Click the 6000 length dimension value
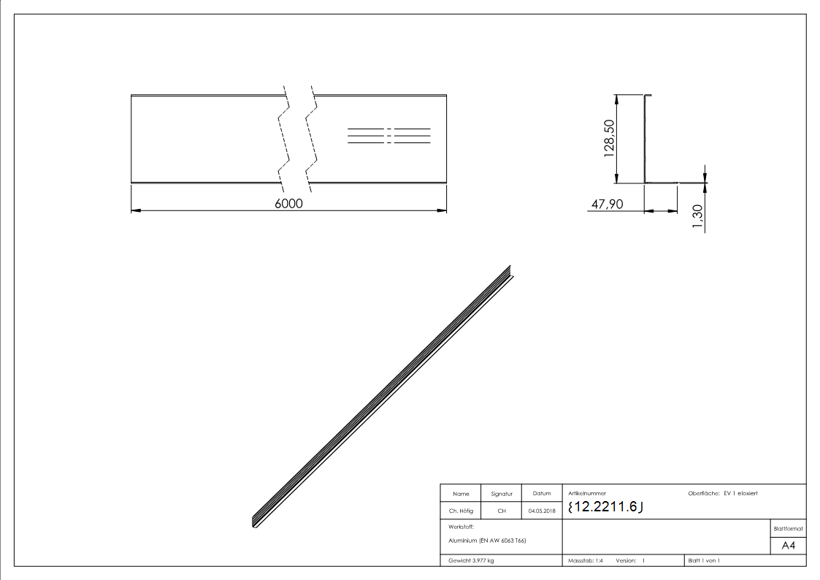[288, 204]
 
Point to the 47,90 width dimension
[607, 205]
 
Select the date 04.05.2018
[542, 511]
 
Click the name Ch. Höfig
[461, 511]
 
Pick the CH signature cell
[502, 511]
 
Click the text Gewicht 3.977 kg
[471, 560]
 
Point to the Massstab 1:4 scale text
[586, 560]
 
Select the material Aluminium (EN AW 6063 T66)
[487, 541]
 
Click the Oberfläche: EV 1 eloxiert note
[723, 494]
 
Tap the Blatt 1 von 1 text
[704, 560]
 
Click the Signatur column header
[502, 495]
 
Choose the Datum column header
[542, 495]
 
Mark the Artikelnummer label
[586, 494]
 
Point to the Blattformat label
[788, 528]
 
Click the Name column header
[461, 495]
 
